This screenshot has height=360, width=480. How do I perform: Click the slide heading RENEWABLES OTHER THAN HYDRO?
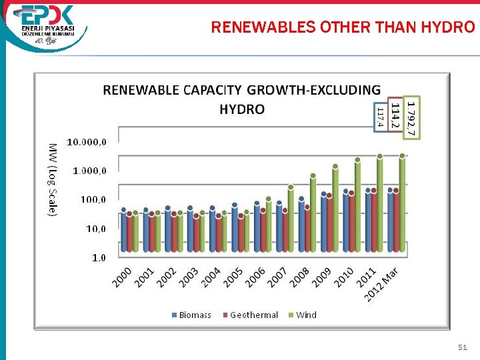point(343,27)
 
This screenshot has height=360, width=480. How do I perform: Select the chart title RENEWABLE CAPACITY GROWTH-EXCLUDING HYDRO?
point(241,99)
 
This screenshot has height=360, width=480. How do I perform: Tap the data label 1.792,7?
point(413,118)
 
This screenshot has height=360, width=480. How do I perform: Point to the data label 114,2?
point(395,115)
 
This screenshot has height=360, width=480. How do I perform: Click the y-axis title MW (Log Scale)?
point(52,179)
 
